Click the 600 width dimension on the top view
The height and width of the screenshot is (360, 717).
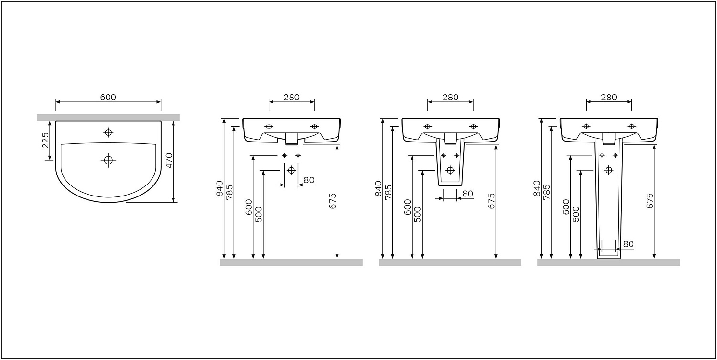pos(108,97)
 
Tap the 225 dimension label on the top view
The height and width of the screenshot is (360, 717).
pos(46,140)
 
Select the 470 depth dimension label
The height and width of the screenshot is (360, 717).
pos(169,161)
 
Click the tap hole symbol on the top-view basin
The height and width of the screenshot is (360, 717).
pos(109,132)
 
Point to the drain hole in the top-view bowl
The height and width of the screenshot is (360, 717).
pos(108,160)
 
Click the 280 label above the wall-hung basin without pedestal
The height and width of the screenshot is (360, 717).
pos(291,97)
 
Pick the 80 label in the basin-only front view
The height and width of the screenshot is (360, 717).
pos(309,180)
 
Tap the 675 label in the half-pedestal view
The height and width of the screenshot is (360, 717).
pos(492,201)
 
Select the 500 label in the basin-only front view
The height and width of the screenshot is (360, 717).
pos(259,215)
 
